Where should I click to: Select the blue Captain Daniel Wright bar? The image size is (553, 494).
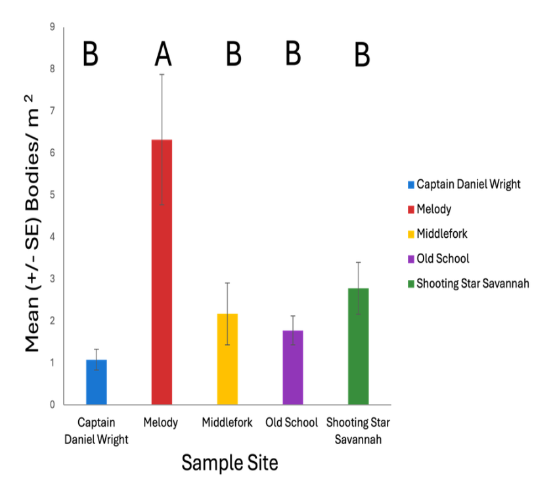tap(97, 382)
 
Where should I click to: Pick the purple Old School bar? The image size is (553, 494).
tap(293, 368)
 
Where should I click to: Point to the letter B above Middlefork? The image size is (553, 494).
tap(233, 55)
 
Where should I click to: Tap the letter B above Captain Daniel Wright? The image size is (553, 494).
tap(90, 55)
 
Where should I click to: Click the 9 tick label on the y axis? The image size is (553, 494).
tap(51, 27)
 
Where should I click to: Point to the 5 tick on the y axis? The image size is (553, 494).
tap(51, 195)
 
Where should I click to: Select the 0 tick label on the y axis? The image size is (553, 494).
tap(51, 405)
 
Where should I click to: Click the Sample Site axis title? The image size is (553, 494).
tap(230, 462)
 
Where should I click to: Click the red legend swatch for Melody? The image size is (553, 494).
tap(411, 210)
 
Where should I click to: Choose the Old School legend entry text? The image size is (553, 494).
tap(443, 259)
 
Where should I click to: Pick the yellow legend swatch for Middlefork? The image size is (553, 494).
tap(411, 234)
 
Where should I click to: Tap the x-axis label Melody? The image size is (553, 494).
tap(160, 422)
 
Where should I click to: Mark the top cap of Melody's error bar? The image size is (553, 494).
tap(162, 74)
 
